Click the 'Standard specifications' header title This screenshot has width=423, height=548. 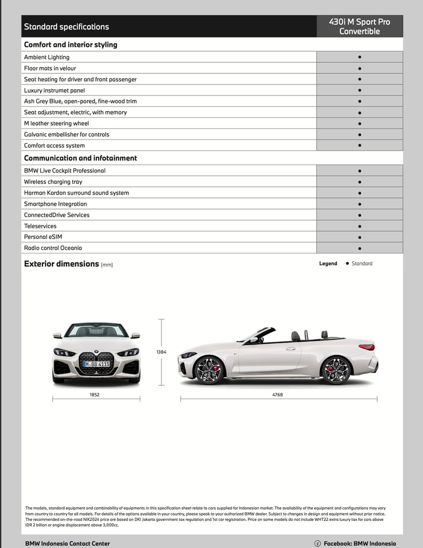66,26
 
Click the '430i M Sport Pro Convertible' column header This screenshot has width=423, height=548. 360,26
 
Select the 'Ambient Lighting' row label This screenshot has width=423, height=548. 47,57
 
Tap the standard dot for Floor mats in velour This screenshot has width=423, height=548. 360,68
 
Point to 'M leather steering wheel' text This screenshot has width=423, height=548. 56,123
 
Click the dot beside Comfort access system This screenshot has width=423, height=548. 360,146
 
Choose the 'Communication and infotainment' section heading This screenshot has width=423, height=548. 80,158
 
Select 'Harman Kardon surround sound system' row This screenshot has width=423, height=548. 76,193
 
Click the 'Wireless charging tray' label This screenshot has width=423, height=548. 53,182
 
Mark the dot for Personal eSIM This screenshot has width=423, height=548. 360,237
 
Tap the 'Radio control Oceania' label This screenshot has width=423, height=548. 53,248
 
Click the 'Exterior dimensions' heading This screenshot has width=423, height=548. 61,264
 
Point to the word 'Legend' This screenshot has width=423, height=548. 328,264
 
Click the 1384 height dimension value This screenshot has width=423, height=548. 161,352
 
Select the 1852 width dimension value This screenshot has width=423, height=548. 95,395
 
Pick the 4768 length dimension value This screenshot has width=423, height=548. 278,395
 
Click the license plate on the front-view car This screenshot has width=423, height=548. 96,364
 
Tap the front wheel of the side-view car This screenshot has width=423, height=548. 209,370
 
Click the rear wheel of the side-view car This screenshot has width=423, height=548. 336,370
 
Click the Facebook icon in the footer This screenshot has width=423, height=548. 318,544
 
